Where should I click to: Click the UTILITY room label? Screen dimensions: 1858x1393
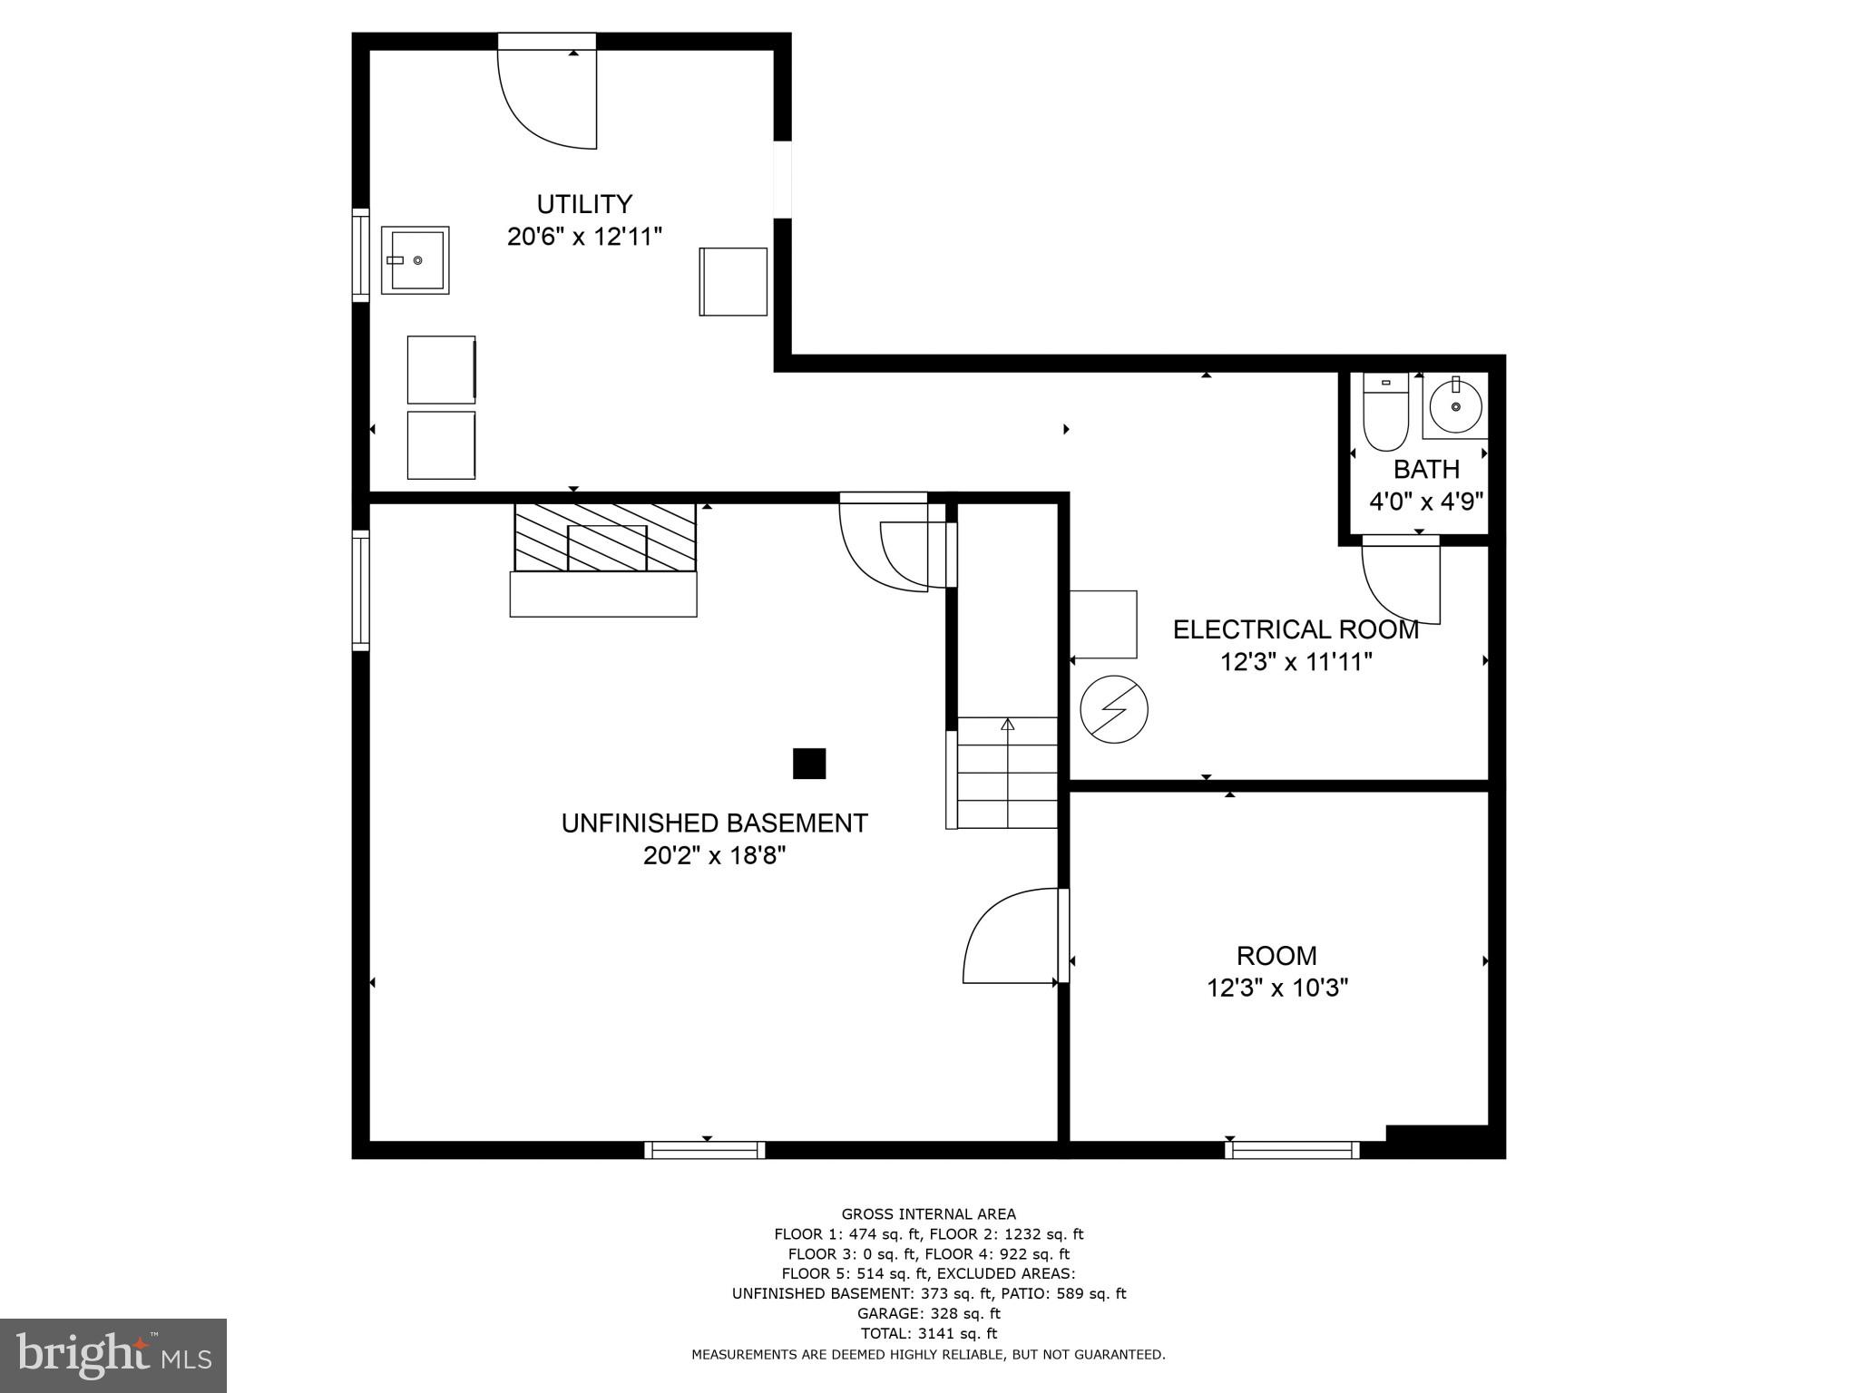(584, 204)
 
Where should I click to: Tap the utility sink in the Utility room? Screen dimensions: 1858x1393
(415, 260)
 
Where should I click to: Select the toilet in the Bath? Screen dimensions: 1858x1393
(1384, 412)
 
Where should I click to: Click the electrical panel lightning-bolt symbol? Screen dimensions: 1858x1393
(1114, 709)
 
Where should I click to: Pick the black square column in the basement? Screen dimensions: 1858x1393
(809, 764)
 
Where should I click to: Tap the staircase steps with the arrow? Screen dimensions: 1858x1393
(1007, 772)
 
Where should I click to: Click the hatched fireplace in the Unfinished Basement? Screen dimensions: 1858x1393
(604, 538)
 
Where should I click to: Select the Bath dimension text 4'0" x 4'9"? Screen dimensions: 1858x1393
(1426, 502)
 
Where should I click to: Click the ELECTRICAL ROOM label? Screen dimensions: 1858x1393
(1296, 629)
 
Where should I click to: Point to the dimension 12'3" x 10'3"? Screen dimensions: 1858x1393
(1277, 988)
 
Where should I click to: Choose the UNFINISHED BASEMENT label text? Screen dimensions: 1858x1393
(714, 823)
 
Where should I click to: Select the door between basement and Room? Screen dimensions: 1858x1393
(1012, 936)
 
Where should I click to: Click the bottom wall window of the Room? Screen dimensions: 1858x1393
(1292, 1150)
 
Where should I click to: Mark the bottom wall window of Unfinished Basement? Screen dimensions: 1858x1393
(705, 1150)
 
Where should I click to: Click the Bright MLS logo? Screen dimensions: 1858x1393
(113, 1355)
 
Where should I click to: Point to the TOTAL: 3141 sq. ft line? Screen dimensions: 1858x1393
(928, 1333)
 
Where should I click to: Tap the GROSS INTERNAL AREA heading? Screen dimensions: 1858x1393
(929, 1214)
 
